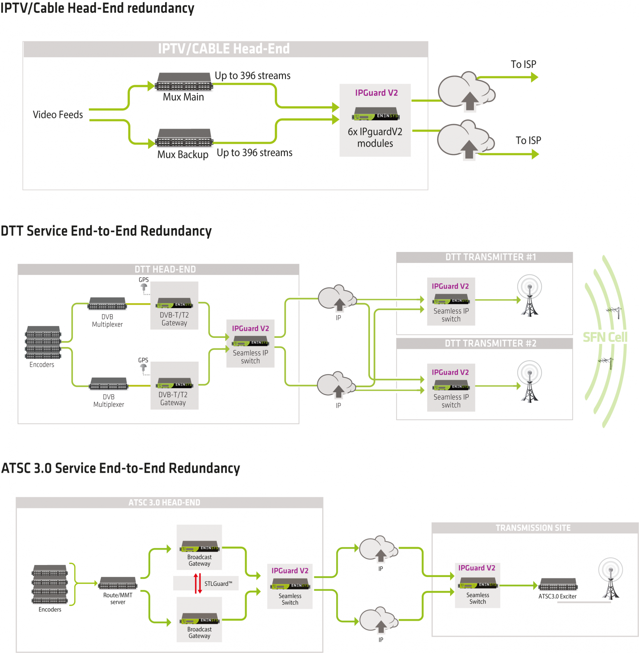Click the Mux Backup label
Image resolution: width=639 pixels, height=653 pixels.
tap(183, 155)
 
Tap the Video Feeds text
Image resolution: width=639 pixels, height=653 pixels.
tap(58, 115)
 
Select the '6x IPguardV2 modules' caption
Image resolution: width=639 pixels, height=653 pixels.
tap(375, 138)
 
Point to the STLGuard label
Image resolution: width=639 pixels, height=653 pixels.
tap(218, 583)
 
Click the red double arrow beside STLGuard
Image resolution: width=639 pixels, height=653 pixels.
tap(198, 583)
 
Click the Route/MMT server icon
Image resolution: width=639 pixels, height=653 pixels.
tap(118, 583)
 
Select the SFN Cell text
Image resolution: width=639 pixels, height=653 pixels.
tap(605, 337)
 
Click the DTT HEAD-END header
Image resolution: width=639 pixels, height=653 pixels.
tap(165, 269)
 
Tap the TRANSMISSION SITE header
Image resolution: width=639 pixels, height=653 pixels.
tap(533, 528)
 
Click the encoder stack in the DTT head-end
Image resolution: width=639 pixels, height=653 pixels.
tap(43, 342)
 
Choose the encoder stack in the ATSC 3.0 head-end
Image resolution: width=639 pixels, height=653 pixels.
tap(50, 584)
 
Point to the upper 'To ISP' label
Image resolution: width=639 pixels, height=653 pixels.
tap(523, 64)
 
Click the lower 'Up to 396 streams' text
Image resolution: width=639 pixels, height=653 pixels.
tap(255, 153)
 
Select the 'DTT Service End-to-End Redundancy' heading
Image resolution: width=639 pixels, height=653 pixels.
tap(106, 231)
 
